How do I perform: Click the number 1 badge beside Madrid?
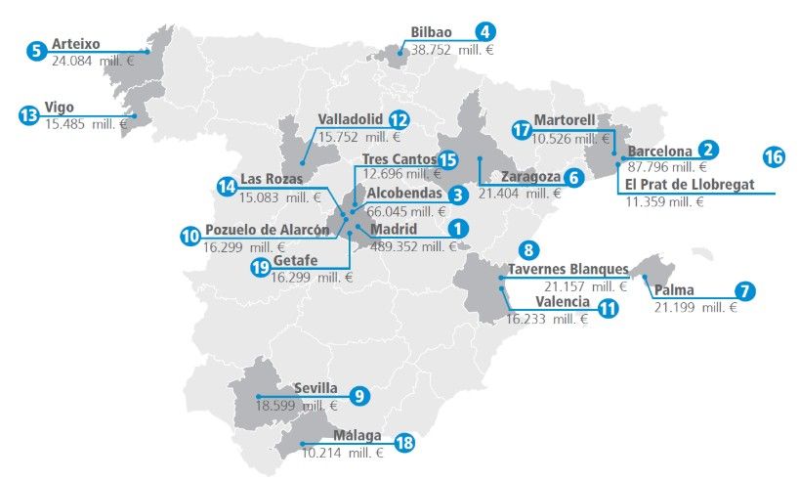453,228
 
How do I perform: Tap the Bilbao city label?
431,31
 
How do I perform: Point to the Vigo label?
59,108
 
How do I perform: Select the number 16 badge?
773,156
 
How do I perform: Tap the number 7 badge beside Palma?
745,290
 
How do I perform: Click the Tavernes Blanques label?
568,270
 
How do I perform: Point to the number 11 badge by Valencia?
608,309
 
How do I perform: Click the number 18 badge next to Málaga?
403,443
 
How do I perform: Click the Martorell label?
565,120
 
